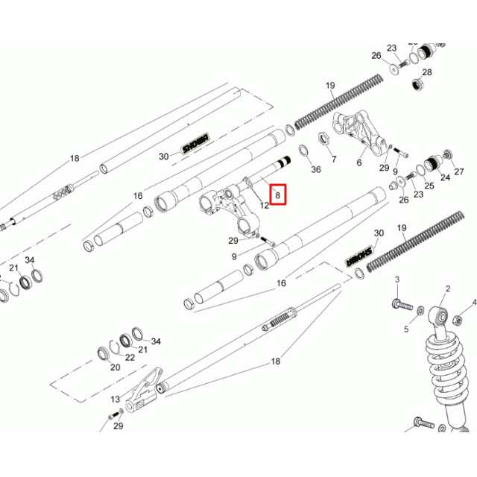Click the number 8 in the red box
[x=277, y=197]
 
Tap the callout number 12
[x=264, y=205]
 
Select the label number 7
[x=333, y=159]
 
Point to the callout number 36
[x=315, y=170]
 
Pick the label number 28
[x=427, y=72]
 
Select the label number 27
[x=459, y=171]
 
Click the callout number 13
[x=114, y=400]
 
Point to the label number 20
[x=115, y=367]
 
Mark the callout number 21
[x=13, y=268]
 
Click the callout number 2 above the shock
[x=448, y=288]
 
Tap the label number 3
[x=397, y=279]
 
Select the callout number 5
[x=406, y=329]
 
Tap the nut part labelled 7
[x=325, y=138]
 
